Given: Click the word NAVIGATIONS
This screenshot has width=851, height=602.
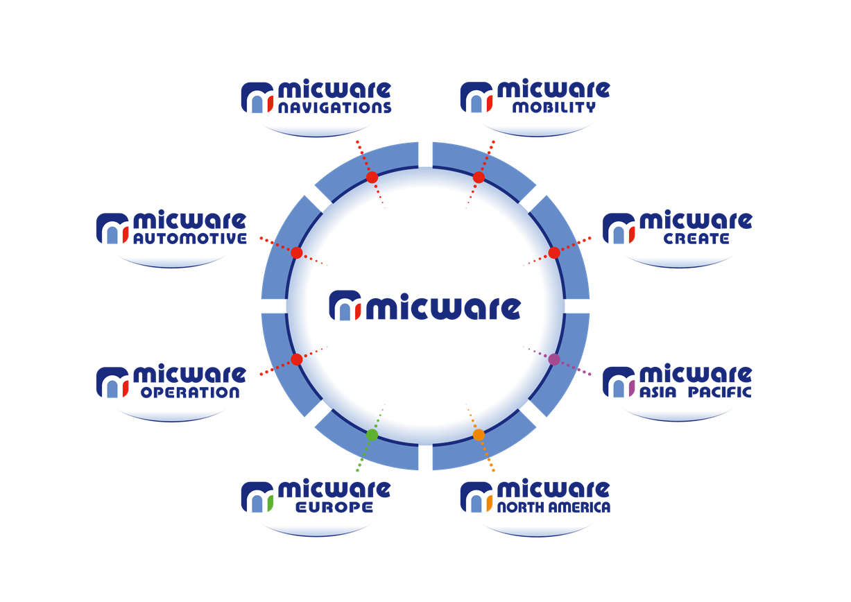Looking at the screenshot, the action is coord(335,108).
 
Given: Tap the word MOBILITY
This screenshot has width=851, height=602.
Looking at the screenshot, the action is coord(554,108).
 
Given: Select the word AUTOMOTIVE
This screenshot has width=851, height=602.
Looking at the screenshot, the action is coord(190,239).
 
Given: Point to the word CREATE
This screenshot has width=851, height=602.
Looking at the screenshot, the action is coord(696,239).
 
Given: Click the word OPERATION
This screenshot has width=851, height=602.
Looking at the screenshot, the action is coord(190,393).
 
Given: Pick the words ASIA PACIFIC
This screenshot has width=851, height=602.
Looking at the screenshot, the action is coord(696,392).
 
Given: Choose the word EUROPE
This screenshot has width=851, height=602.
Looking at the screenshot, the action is coord(334,508).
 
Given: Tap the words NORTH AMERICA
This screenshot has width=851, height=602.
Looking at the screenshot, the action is coord(554,508).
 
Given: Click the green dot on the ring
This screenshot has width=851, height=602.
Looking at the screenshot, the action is coord(372,435).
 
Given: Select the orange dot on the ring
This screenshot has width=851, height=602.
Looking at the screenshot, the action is coord(479,435).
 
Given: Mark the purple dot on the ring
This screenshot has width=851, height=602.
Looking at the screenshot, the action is coord(554,359).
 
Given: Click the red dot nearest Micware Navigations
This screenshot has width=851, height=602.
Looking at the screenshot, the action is coord(372,178).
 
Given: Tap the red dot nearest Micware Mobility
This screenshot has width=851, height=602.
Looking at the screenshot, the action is coord(479,178).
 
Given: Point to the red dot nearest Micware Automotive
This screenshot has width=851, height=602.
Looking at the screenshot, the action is coord(297,252).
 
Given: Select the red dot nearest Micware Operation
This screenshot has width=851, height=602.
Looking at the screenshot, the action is coord(297,359).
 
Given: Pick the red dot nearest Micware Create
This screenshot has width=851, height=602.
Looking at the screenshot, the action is coord(554,252).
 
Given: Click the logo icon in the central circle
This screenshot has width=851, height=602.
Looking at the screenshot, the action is coord(345,306).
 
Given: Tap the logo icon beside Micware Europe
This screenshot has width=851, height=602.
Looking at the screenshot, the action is coord(257,497).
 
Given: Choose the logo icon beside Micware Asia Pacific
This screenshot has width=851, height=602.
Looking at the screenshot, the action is coord(619,382).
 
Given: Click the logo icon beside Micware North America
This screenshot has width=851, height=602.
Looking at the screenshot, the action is coord(476,497).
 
